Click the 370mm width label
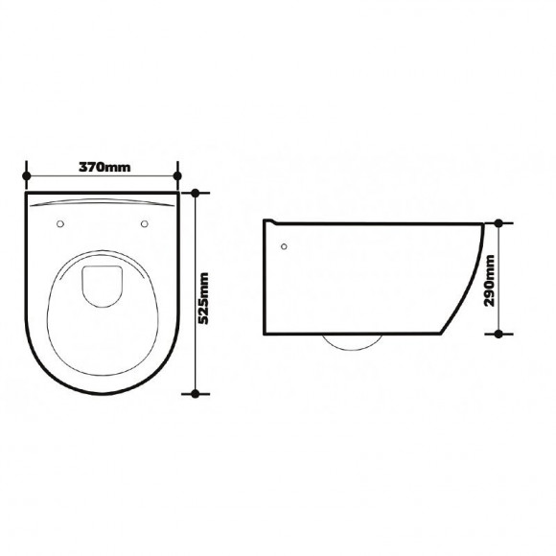pos(104,168)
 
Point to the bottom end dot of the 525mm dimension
pos(197,393)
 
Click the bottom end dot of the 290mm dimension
pos(499,334)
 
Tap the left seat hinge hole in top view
pos(61,224)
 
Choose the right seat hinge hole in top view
pos(146,224)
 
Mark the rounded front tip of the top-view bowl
pos(104,391)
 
